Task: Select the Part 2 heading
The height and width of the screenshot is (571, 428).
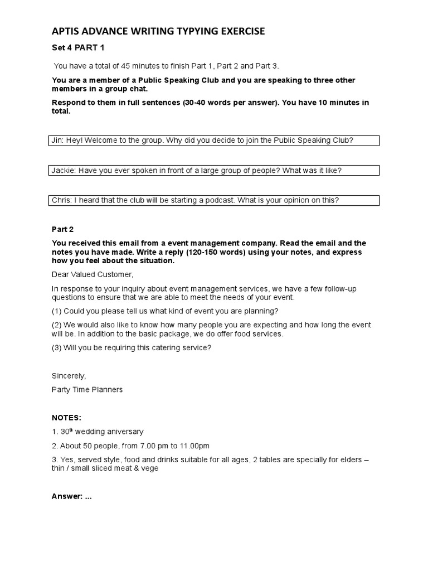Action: [x=62, y=229]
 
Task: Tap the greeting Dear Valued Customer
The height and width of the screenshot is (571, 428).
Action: [x=93, y=274]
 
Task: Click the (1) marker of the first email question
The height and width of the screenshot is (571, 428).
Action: [x=56, y=311]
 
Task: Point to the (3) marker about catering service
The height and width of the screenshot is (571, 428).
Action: [x=56, y=347]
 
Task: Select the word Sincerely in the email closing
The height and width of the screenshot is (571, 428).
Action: [x=69, y=376]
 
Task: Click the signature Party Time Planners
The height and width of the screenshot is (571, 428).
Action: [x=87, y=389]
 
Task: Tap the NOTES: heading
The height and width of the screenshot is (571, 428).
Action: [x=66, y=418]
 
